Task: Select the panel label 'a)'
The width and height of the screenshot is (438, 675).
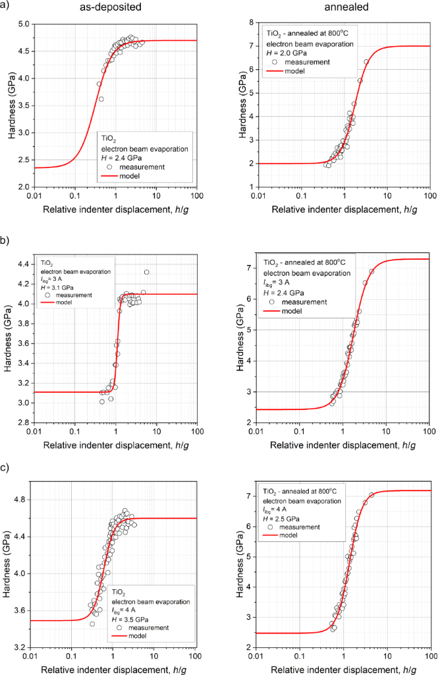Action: [7, 8]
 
